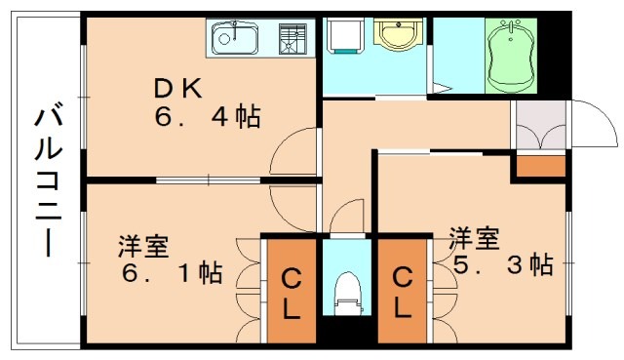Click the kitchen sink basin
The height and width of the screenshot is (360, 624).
pyautogui.click(x=235, y=40)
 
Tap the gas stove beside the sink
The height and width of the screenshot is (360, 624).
pyautogui.click(x=291, y=39)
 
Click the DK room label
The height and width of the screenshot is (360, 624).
pyautogui.click(x=176, y=89)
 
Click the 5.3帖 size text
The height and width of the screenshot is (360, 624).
pyautogui.click(x=501, y=263)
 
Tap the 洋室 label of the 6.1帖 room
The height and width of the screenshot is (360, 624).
pyautogui.click(x=142, y=241)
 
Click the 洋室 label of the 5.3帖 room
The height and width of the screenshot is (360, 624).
pyautogui.click(x=475, y=236)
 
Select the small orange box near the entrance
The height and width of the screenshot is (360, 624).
pyautogui.click(x=540, y=165)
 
